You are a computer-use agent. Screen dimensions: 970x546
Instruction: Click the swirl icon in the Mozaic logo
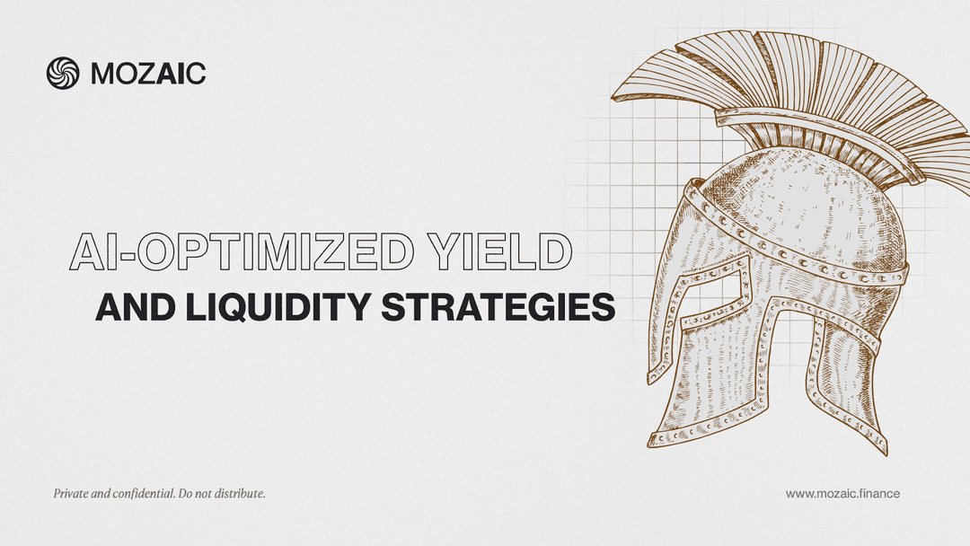[x=63, y=73]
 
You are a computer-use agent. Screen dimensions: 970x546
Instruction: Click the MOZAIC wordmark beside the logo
[x=148, y=74]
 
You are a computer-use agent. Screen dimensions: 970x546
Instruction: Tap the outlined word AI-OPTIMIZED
[x=242, y=251]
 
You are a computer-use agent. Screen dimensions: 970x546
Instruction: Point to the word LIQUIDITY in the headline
[x=278, y=307]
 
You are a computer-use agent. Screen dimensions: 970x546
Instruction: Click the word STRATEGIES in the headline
[x=498, y=307]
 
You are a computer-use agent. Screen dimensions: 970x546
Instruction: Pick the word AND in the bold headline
[x=135, y=307]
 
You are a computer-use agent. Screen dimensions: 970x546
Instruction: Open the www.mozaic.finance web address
[x=842, y=493]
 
